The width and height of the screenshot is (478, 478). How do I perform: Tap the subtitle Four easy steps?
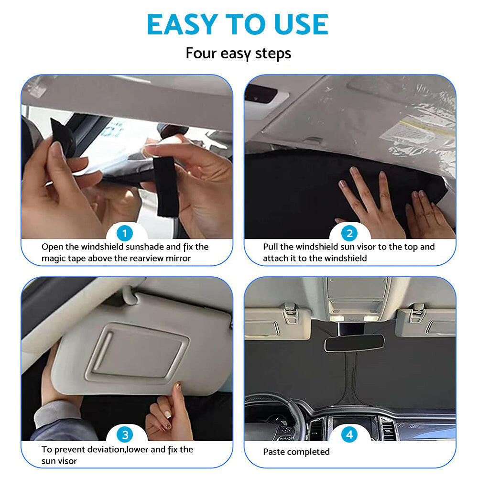239,53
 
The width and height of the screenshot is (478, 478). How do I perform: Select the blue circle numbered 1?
125,234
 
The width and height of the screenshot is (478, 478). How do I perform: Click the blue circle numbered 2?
349,234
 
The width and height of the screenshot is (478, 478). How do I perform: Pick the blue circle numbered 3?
125,435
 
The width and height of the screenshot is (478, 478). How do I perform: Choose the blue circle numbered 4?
349,435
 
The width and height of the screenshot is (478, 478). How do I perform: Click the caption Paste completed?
296,452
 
